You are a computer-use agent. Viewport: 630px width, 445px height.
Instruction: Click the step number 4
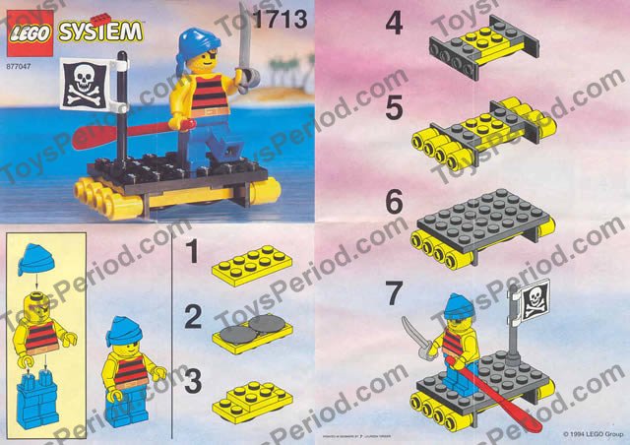pos(395,24)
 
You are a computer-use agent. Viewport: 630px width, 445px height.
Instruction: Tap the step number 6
pos(395,203)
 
